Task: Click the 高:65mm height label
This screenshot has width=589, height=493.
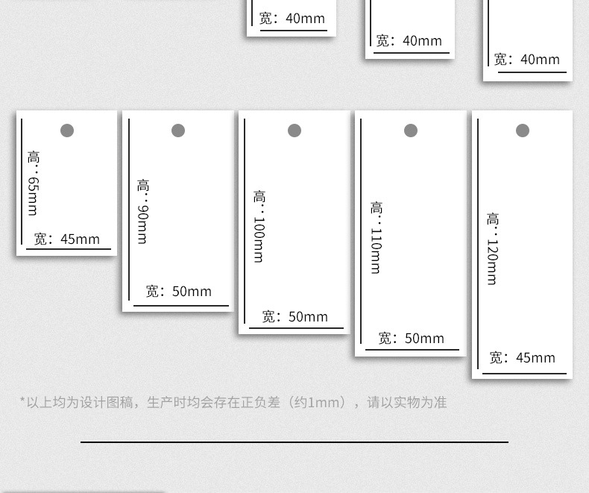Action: (x=34, y=183)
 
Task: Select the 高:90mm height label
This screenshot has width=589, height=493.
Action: (x=142, y=212)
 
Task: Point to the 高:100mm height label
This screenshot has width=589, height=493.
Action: (x=259, y=226)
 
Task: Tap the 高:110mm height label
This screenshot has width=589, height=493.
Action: (x=376, y=238)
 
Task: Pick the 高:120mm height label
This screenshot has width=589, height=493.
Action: (x=492, y=249)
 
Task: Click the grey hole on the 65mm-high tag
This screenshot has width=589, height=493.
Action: (x=66, y=131)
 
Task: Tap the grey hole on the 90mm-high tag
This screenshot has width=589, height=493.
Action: (x=178, y=131)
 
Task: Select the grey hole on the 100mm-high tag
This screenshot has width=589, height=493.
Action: (x=294, y=131)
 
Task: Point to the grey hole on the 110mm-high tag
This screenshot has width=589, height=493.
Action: (x=411, y=131)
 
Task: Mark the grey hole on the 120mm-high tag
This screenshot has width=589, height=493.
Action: (x=523, y=131)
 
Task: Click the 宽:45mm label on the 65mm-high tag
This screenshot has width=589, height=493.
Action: (x=67, y=239)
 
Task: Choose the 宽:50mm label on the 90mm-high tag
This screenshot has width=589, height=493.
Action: (x=179, y=292)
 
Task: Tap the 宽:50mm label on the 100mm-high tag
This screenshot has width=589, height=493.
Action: (x=295, y=317)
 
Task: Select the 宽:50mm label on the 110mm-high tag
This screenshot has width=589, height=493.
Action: (x=412, y=339)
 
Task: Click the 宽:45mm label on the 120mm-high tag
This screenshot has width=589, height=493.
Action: (x=523, y=358)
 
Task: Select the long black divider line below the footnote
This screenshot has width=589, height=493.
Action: (x=294, y=442)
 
